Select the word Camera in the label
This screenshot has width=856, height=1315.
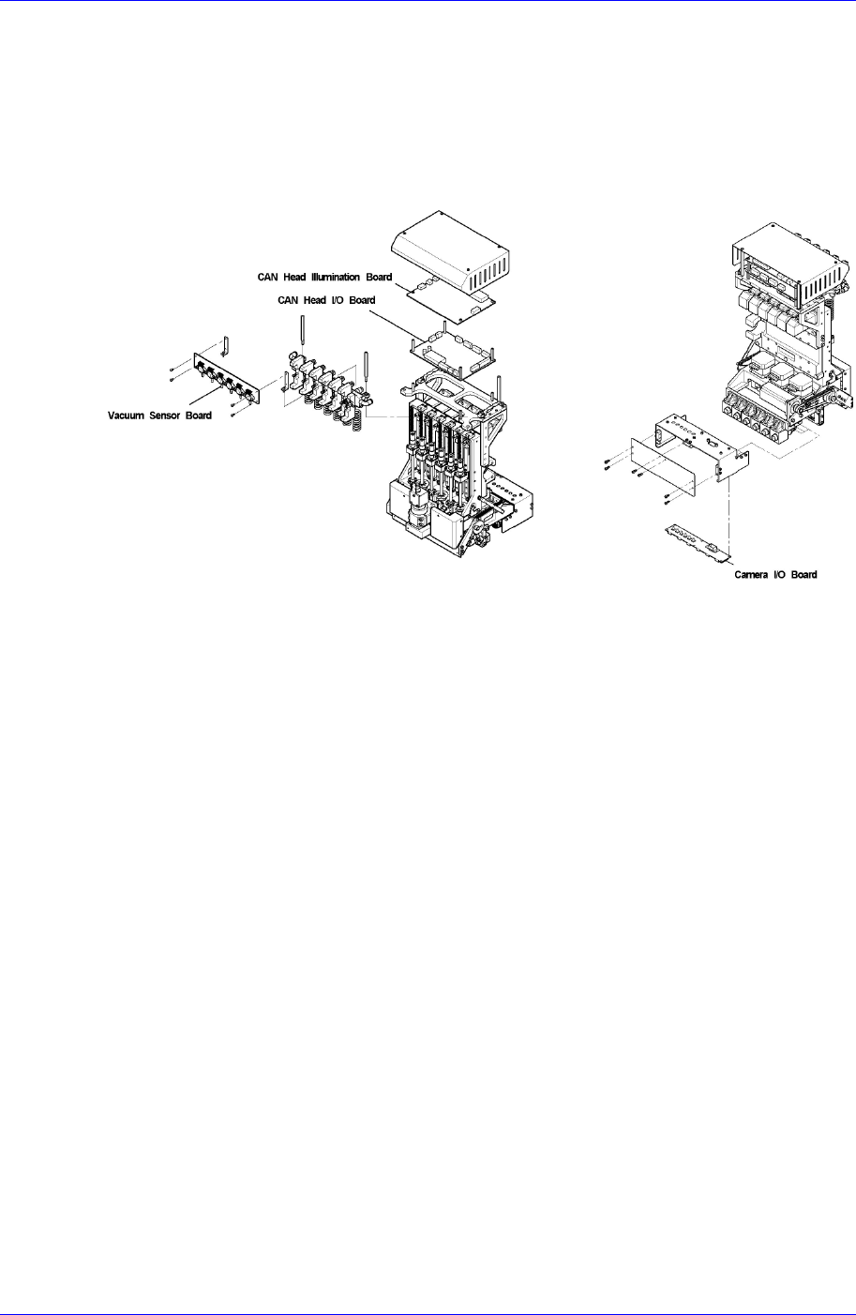[x=752, y=574]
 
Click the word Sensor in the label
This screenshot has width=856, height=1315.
[x=169, y=416]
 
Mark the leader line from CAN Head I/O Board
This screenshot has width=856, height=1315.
[x=395, y=319]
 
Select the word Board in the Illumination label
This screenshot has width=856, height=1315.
[x=379, y=278]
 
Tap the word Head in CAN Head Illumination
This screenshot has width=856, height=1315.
[x=293, y=278]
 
